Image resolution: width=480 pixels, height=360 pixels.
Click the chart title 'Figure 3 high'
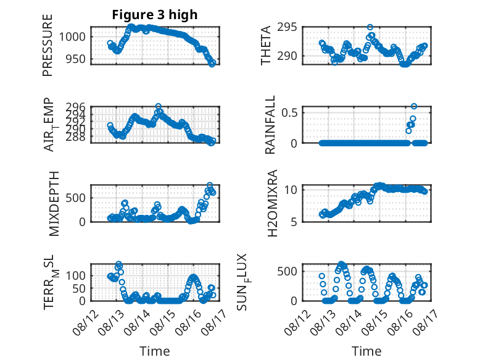(155, 14)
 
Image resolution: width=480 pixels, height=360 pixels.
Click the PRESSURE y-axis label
(48, 45)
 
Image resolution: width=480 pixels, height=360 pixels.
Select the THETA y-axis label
(266, 45)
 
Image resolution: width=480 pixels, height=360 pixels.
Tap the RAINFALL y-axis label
(270, 125)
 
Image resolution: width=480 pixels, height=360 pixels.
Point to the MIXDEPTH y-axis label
(54, 204)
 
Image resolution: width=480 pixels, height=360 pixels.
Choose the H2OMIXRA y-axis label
(272, 203)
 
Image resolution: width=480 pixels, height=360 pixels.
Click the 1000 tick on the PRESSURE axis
(72, 37)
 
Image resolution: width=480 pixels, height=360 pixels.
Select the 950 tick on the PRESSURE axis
(76, 59)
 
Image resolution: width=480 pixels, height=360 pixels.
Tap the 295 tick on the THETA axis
(287, 27)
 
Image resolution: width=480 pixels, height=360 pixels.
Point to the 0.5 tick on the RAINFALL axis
(289, 112)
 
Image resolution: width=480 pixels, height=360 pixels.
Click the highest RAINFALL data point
(414, 106)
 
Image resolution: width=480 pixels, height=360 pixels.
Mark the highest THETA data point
(370, 27)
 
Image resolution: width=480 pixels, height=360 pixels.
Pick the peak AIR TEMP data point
(158, 106)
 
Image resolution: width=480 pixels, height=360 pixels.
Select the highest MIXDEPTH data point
(210, 185)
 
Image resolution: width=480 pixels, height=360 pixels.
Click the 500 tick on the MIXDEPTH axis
(76, 198)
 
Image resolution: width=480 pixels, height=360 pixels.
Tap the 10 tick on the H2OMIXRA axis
(291, 190)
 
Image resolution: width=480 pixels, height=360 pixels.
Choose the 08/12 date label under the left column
(86, 322)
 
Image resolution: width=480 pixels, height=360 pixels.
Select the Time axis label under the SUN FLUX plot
(366, 351)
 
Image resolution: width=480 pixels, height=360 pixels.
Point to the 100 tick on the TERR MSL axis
(76, 276)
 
